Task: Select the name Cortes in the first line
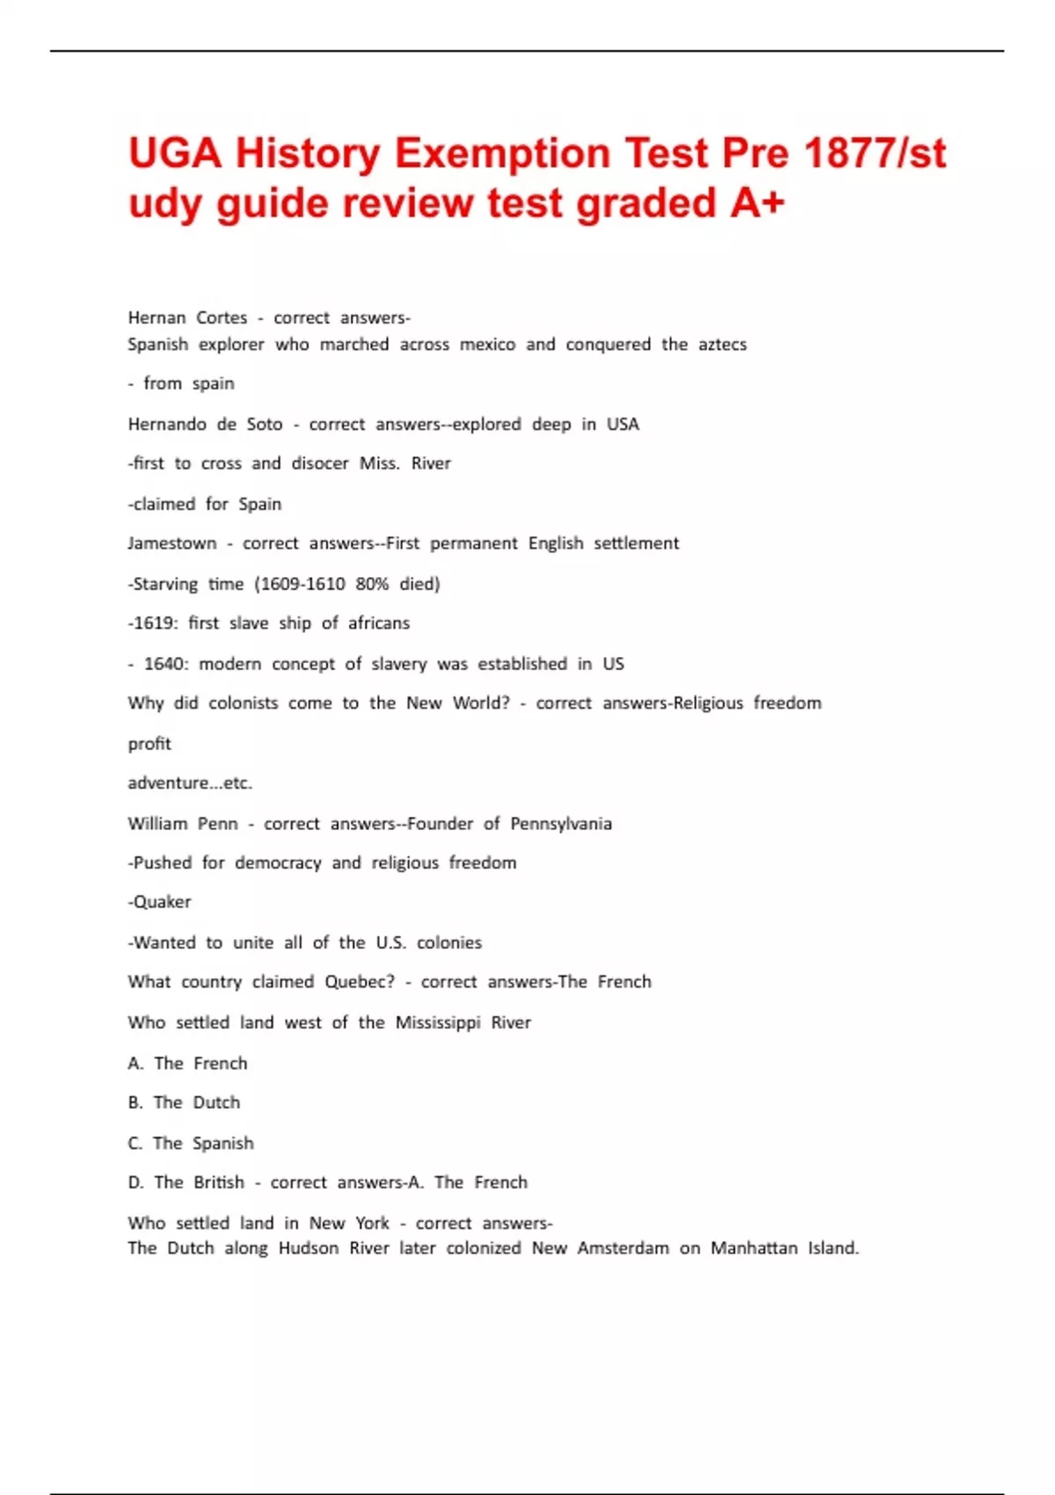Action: point(222,317)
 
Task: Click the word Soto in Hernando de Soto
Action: point(265,424)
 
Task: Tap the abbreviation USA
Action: point(622,424)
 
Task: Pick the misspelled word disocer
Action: point(320,463)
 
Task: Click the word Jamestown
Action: point(171,543)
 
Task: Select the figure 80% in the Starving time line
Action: point(372,584)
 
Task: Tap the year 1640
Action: point(165,664)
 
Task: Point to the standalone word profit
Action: point(149,744)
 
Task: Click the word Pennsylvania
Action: point(561,824)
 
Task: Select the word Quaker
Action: point(162,902)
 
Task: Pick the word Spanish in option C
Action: point(222,1143)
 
